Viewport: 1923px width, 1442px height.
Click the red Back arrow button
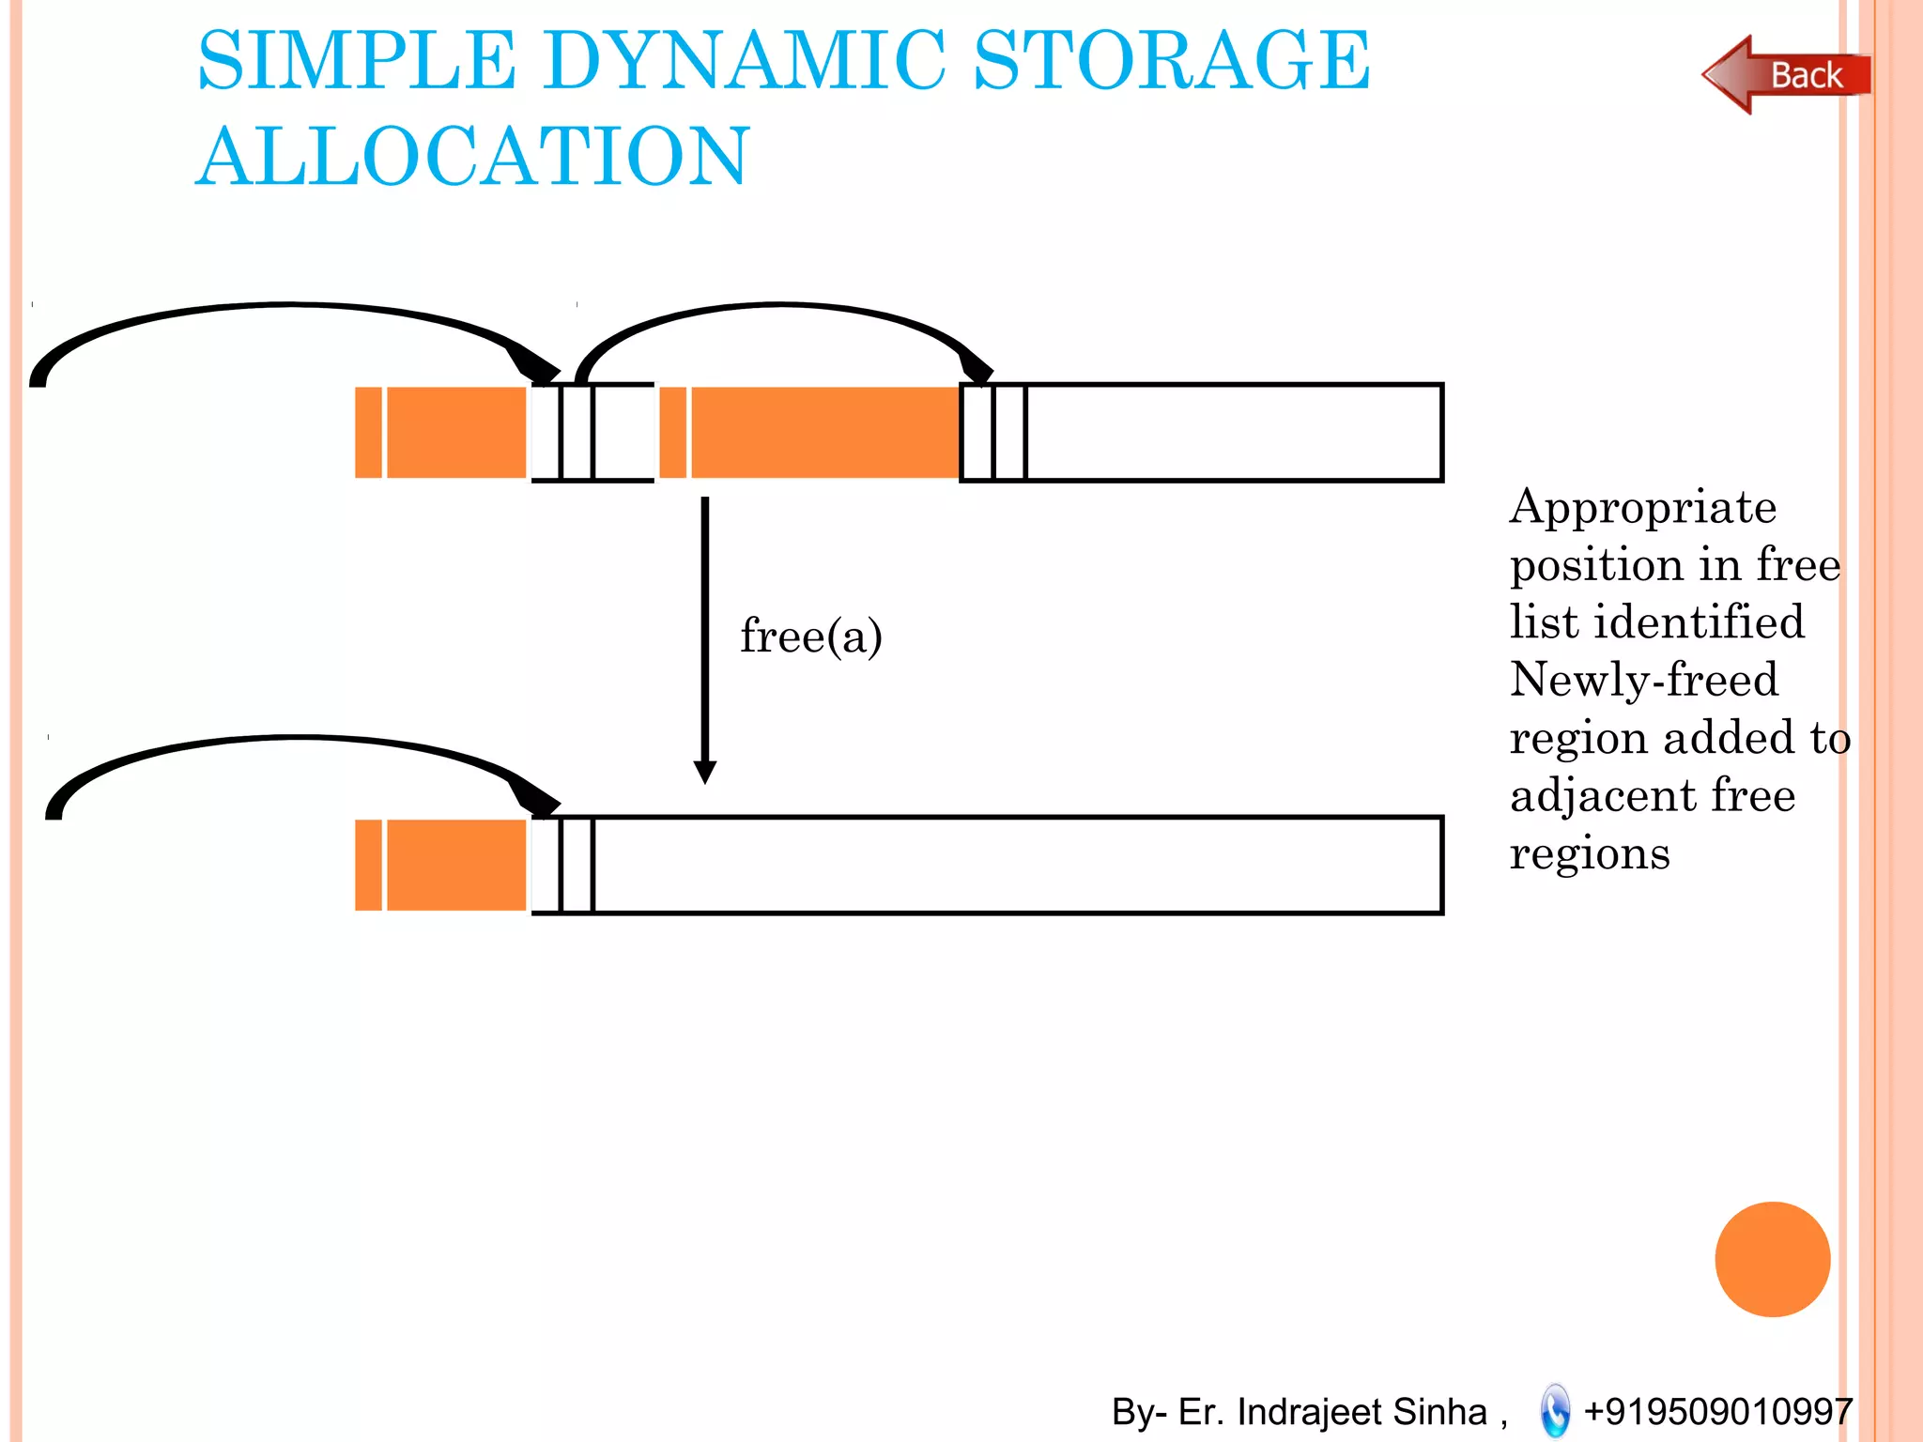point(1784,75)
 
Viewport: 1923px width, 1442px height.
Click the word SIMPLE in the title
point(357,61)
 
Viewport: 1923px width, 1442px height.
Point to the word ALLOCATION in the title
point(472,157)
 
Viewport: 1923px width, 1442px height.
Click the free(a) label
point(810,637)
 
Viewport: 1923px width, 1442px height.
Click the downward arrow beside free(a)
point(705,638)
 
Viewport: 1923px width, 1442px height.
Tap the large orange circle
point(1772,1259)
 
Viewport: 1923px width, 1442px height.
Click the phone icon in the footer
point(1554,1410)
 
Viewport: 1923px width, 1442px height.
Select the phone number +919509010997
point(1717,1411)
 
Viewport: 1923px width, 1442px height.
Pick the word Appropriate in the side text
point(1642,509)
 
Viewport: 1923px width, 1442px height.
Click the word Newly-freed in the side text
point(1643,680)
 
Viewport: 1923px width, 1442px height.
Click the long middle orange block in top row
point(823,433)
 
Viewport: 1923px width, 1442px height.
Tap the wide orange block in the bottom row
point(456,865)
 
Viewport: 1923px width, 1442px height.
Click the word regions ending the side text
point(1590,854)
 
